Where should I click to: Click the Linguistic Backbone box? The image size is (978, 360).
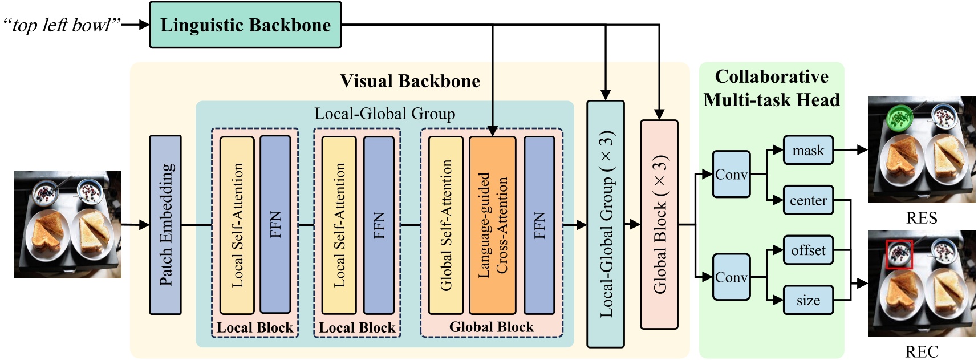click(245, 25)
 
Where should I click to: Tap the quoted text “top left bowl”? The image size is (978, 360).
click(62, 25)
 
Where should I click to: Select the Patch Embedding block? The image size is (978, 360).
click(165, 225)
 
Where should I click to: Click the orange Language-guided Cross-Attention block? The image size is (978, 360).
click(493, 225)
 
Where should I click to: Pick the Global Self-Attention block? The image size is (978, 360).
click(446, 225)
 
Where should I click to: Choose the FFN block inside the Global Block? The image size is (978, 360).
click(539, 225)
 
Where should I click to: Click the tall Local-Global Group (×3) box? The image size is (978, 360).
click(606, 225)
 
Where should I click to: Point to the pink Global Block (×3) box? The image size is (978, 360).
click(659, 225)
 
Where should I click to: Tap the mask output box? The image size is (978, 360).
click(808, 151)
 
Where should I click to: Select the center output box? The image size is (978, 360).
click(808, 200)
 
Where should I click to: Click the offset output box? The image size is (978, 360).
click(808, 250)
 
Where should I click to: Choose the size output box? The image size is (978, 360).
click(808, 300)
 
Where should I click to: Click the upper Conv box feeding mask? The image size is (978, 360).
click(731, 175)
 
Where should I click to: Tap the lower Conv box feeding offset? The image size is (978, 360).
click(731, 277)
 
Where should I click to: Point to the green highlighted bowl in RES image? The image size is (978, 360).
click(900, 118)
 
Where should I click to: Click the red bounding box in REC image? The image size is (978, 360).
click(899, 254)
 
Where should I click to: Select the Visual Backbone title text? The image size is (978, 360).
click(409, 81)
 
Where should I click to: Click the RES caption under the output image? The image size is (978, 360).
click(922, 218)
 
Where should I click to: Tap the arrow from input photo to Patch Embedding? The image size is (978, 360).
click(136, 225)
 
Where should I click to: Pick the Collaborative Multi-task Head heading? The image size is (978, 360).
click(772, 88)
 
